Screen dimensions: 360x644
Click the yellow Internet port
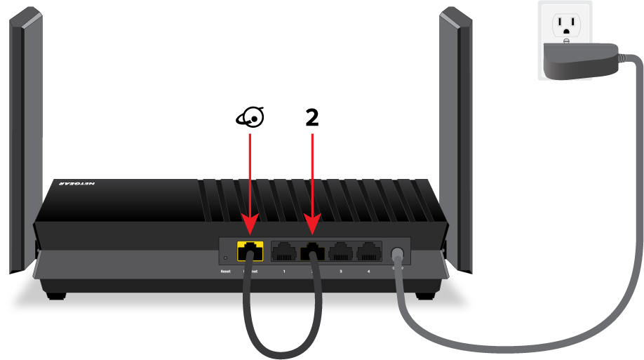pos(250,250)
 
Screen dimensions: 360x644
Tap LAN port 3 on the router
pos(340,251)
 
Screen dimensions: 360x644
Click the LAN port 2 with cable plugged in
pos(312,251)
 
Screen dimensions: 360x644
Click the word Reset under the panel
pos(226,271)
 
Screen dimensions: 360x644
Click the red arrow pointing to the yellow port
pos(250,182)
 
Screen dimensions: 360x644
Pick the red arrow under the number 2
pos(312,182)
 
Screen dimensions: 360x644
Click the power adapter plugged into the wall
pos(582,62)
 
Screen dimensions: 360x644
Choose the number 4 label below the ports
pos(368,271)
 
